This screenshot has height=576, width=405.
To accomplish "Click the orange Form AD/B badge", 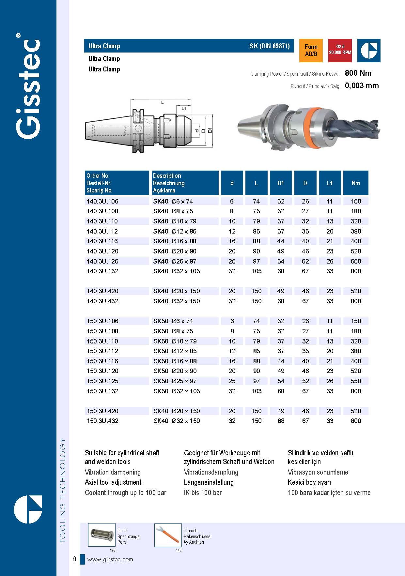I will coord(311,51).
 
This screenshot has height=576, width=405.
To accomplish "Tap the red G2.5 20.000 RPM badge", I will coord(340,50).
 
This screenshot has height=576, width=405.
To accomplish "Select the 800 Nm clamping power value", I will coord(358,73).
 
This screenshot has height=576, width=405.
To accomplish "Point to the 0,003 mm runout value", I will coord(362,86).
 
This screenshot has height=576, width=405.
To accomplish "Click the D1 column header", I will coord(281,183).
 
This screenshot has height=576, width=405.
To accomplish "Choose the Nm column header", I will coord(355,183).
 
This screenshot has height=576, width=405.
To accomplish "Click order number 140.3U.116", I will coord(102,241).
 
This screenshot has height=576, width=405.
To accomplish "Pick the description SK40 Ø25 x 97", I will coord(175,261).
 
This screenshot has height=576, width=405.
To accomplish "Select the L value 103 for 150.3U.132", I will coord(256,391).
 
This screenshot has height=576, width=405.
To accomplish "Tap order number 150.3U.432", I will coord(102,421).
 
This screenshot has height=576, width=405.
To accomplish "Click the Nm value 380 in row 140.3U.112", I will coord(356,231).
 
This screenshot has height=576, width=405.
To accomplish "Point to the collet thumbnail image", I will coord(101,535).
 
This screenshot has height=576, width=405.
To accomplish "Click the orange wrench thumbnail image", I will coord(168,535).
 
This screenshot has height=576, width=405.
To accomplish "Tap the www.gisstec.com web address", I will coord(110,559).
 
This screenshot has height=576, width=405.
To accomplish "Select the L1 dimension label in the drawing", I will coord(183,109).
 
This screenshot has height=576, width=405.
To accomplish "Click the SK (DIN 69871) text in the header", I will coord(270,46).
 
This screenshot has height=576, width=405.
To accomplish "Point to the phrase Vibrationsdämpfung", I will coord(211,472).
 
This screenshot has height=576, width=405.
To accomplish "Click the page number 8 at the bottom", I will coord(74,559).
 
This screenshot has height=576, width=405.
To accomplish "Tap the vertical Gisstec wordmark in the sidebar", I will coord(28,88).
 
